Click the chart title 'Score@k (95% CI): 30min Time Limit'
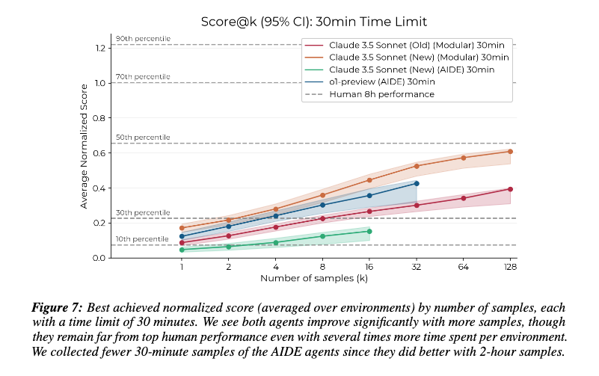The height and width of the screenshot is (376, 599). click(x=313, y=22)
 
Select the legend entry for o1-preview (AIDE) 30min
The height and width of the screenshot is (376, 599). click(x=369, y=81)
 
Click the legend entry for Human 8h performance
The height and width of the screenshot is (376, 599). click(x=369, y=94)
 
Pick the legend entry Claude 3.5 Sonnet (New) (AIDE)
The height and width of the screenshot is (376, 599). click(x=399, y=70)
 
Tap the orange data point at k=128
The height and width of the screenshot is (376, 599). click(x=510, y=152)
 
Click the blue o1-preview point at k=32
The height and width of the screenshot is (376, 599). click(x=417, y=184)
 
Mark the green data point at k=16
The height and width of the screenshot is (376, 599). click(x=369, y=231)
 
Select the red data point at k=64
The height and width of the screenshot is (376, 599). click(x=464, y=198)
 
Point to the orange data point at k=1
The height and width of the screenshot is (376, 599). click(x=182, y=228)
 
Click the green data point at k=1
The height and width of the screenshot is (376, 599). click(x=182, y=250)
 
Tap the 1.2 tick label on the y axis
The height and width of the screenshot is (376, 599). click(x=101, y=48)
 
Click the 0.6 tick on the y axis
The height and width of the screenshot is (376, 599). click(x=99, y=153)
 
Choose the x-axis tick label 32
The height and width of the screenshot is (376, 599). click(x=417, y=267)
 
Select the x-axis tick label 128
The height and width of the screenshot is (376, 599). click(x=510, y=267)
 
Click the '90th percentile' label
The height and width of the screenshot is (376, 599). click(x=144, y=39)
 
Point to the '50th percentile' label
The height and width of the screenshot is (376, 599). click(x=143, y=138)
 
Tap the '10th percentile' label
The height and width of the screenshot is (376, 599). click(x=142, y=239)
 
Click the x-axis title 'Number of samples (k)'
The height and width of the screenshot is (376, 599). click(x=314, y=278)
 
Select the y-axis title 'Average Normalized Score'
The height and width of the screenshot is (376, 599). click(x=84, y=147)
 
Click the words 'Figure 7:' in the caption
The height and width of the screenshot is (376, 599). click(x=57, y=308)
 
